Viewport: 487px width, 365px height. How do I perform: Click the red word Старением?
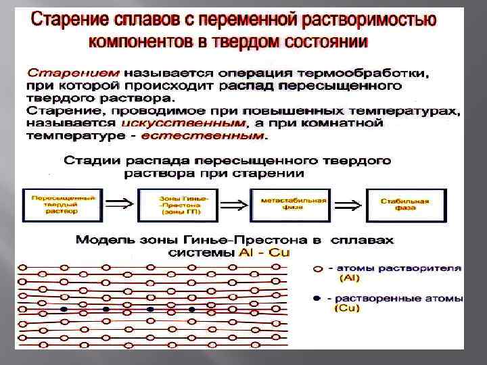(x=73, y=71)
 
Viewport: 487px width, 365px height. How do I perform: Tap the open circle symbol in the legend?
(x=318, y=268)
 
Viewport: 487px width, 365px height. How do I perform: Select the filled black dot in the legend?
(x=318, y=297)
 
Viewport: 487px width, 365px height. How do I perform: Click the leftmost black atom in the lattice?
(x=64, y=310)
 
